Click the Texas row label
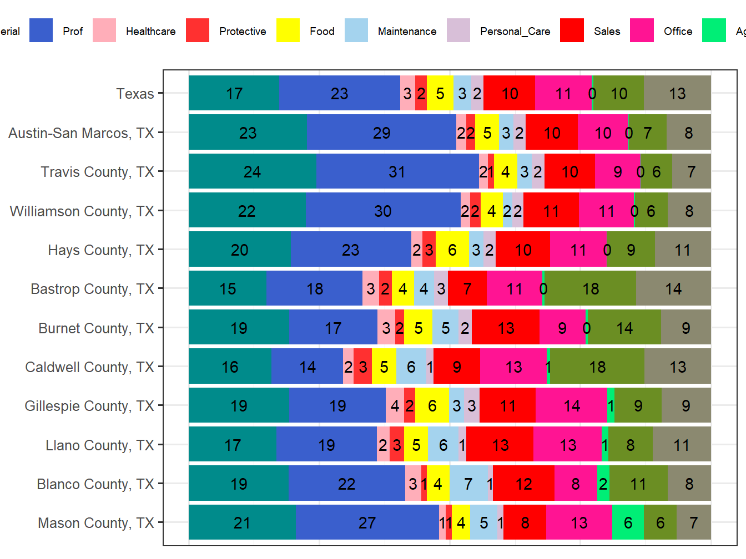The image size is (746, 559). [135, 94]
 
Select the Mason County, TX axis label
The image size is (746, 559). [95, 523]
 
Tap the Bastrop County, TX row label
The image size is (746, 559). [92, 289]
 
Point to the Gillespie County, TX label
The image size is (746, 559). [89, 406]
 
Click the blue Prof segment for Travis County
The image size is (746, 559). [397, 172]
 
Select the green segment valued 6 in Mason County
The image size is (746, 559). [628, 523]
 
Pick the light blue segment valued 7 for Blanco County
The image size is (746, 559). [468, 484]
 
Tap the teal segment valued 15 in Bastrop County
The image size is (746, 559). [228, 289]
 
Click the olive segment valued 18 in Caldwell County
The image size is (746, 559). [597, 367]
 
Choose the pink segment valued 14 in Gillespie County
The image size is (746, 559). [571, 406]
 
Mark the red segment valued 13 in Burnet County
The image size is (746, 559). [506, 328]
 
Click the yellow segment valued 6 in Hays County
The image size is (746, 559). [452, 250]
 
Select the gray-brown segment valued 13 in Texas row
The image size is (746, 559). [677, 94]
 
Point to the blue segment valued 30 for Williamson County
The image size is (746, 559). [383, 211]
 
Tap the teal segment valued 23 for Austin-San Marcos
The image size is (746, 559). [248, 133]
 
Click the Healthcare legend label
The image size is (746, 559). [150, 32]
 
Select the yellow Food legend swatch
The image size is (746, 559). [288, 31]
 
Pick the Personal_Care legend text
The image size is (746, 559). [515, 32]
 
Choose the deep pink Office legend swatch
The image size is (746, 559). [642, 31]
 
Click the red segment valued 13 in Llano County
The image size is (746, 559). [500, 445]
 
